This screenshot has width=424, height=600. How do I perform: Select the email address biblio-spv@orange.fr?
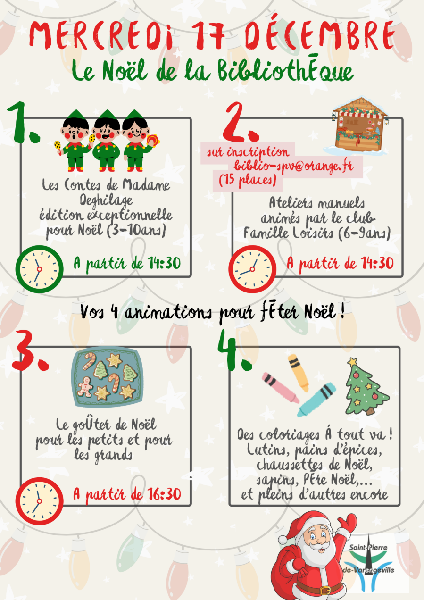click(294, 166)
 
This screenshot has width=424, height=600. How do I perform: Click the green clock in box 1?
click(39, 269)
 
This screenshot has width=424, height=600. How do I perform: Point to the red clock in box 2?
click(252, 269)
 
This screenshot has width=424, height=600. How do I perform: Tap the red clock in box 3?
click(39, 501)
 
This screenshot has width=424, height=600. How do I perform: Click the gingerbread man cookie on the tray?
click(85, 387)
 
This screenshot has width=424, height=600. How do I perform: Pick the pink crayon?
click(280, 388)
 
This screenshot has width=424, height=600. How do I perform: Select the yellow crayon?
click(299, 372)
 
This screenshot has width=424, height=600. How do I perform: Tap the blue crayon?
click(316, 400)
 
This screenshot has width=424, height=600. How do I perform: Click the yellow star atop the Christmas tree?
click(352, 362)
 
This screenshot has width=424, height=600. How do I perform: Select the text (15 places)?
click(248, 180)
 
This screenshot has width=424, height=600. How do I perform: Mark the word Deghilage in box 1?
click(106, 200)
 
